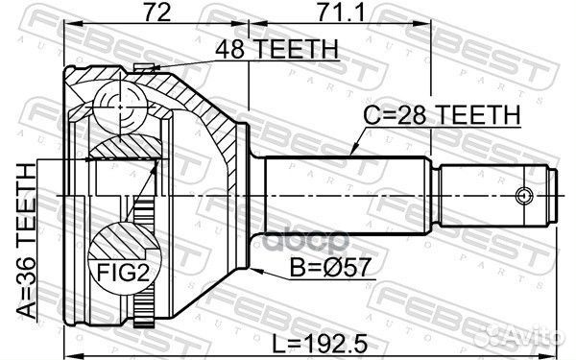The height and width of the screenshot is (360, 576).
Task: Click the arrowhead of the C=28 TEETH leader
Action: point(352,152)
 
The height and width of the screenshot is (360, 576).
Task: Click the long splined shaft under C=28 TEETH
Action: point(336,194)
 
